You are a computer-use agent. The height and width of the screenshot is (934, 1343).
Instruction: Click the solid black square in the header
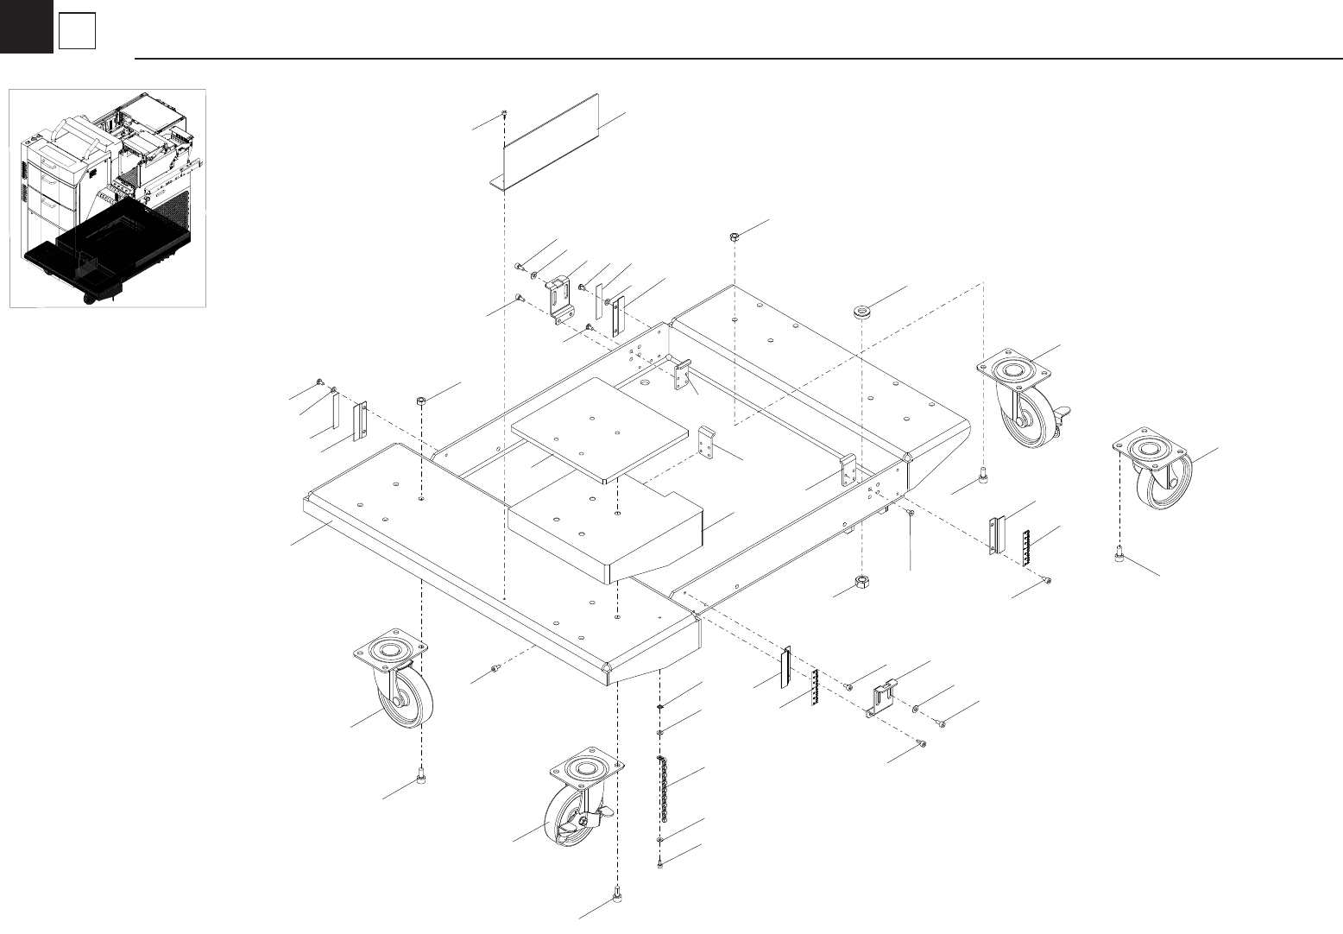[26, 26]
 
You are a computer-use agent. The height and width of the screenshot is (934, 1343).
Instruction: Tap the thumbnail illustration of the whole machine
[107, 198]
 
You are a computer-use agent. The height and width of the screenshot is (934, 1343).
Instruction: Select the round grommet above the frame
[861, 310]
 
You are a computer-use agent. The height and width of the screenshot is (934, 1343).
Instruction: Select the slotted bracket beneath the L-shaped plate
[560, 300]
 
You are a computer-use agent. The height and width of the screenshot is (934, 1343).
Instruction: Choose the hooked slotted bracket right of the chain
[881, 699]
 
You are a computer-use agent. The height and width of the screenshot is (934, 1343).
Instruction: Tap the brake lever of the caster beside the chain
[603, 812]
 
